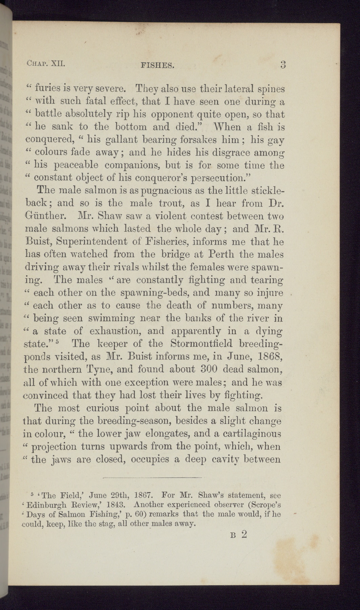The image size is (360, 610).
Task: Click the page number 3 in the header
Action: [x=283, y=64]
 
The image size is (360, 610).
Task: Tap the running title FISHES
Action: [x=157, y=65]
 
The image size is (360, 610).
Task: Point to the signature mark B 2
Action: [x=239, y=535]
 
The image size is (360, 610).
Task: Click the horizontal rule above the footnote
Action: [x=152, y=478]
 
